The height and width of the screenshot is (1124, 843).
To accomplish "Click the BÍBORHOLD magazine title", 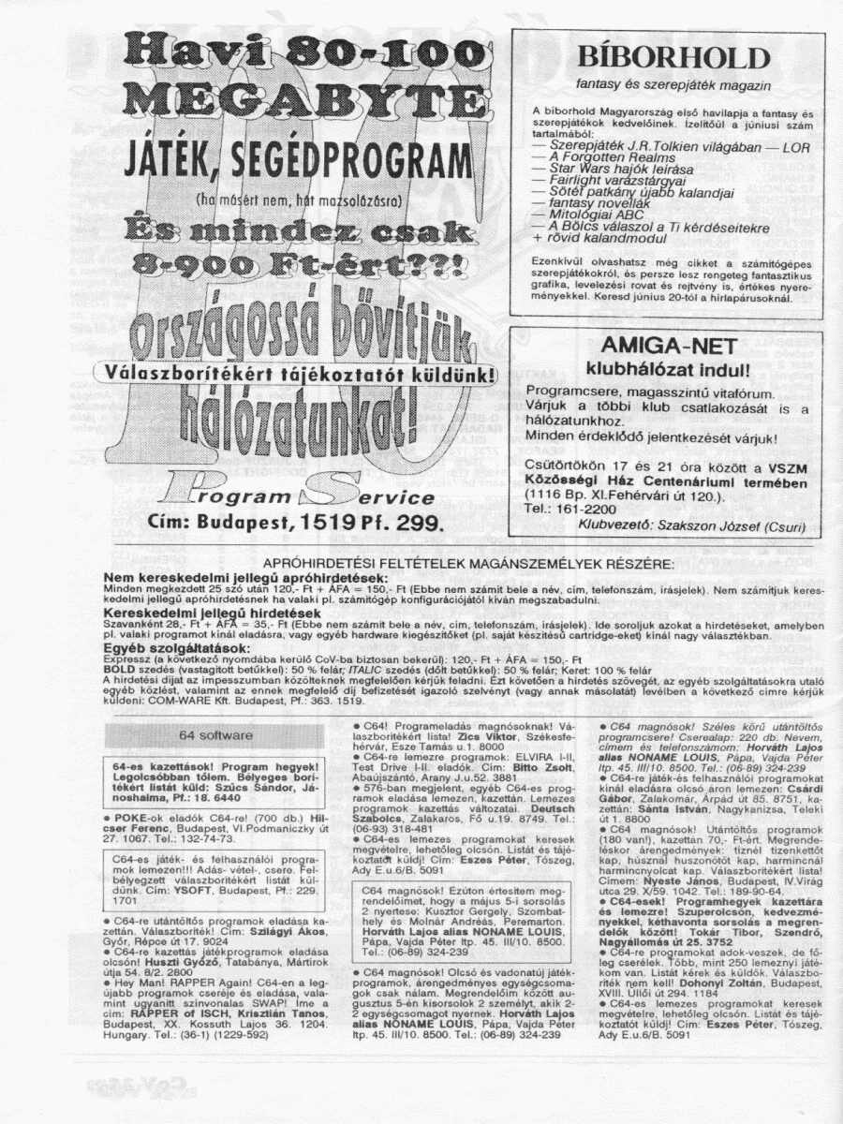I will [667, 56].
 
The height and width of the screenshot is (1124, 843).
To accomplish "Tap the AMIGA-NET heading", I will [668, 346].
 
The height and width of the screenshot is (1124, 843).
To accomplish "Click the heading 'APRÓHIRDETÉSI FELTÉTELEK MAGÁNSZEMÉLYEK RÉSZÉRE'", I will [468, 565].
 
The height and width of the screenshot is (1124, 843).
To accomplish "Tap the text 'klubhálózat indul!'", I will [668, 367].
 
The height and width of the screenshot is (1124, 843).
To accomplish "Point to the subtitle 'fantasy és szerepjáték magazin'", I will [667, 84].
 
